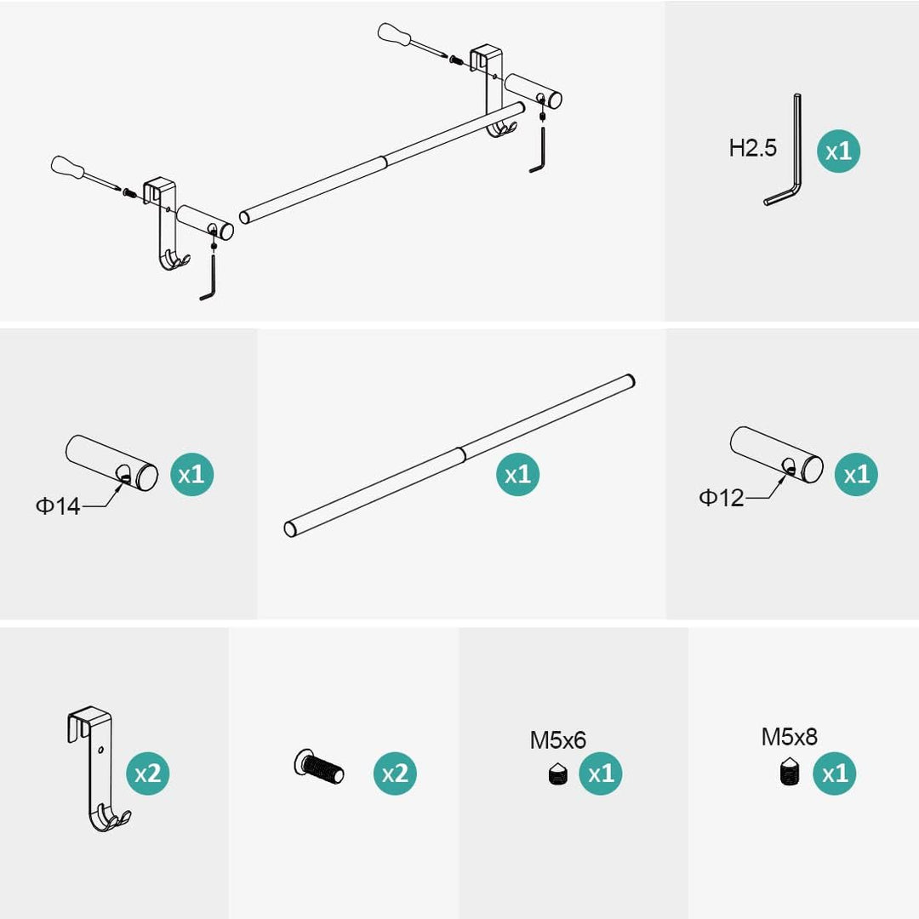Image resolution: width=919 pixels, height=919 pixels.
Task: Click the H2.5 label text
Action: [x=752, y=148]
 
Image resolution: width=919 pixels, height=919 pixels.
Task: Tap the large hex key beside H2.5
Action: [x=796, y=152]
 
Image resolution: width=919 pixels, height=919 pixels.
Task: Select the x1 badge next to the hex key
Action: [x=839, y=151]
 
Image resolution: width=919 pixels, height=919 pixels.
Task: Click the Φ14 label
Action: [x=58, y=505]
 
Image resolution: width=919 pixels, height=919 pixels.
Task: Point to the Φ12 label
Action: [x=722, y=498]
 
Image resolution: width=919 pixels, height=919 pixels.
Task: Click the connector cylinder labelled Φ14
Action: [x=111, y=463]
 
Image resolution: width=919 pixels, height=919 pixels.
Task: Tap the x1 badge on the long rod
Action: [x=517, y=474]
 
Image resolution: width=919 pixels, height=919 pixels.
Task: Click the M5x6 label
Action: [x=558, y=740]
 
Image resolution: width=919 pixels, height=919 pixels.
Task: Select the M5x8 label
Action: [x=790, y=737]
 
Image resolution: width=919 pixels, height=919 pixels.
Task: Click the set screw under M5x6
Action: [x=558, y=773]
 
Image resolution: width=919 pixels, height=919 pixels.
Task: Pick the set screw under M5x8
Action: [x=790, y=772]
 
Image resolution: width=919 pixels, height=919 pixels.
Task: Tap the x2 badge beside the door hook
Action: [x=148, y=773]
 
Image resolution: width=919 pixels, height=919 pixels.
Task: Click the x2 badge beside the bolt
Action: [x=395, y=773]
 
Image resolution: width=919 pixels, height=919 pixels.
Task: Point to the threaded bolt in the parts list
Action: [x=319, y=766]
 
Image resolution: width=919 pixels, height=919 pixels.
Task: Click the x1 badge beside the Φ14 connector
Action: [x=191, y=474]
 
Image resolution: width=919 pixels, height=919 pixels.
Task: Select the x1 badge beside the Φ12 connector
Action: [x=856, y=474]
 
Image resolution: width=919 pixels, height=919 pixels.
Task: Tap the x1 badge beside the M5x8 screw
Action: [x=835, y=773]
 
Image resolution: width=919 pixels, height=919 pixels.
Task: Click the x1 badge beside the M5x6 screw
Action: [x=601, y=773]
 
